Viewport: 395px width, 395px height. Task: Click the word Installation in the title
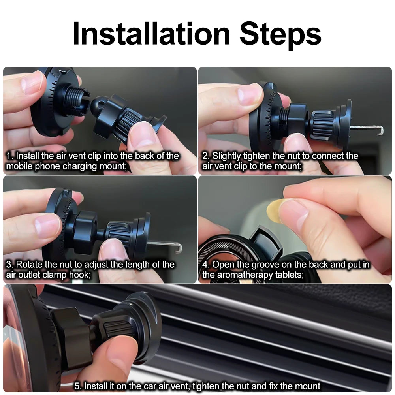click(x=151, y=34)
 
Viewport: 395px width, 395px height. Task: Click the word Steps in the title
click(x=280, y=36)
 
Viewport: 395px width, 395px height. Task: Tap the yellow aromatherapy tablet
click(x=275, y=211)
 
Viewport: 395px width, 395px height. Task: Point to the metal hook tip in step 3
click(x=179, y=248)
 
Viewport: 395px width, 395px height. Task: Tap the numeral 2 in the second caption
click(x=205, y=156)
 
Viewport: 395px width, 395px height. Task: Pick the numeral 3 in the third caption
click(x=9, y=265)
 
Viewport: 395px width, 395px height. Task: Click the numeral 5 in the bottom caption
click(x=77, y=386)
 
